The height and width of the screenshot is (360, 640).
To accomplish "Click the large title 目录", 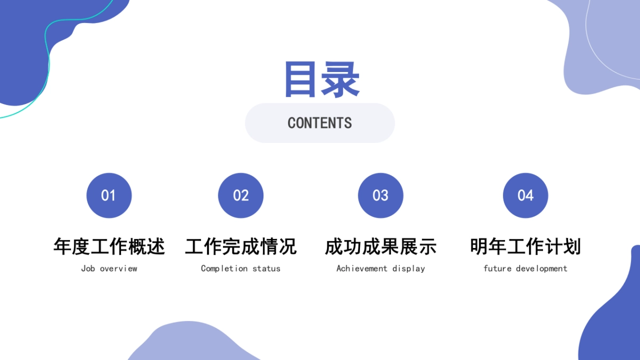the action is [322, 79].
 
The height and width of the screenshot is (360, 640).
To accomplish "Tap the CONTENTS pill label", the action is [319, 123].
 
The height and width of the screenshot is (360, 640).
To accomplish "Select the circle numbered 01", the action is [109, 195].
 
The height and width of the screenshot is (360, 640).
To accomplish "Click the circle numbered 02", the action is [241, 195].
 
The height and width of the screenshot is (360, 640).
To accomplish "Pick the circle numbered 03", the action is [380, 195].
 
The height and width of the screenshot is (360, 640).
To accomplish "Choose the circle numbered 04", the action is [525, 195].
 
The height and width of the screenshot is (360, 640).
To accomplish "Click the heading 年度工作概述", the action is [109, 246].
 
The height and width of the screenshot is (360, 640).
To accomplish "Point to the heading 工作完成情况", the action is [241, 246].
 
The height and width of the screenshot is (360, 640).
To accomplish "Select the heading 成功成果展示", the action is [380, 246].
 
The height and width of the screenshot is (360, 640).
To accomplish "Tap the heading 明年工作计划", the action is [525, 246].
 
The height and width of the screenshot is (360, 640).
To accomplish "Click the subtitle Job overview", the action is [109, 268].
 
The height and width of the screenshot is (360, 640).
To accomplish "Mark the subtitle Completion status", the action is [241, 268].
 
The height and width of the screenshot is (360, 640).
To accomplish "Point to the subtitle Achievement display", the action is [380, 268].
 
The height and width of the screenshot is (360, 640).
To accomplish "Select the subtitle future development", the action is [525, 268].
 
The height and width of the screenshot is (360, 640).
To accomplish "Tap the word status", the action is [266, 268].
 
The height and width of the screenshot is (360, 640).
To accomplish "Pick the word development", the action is [541, 268].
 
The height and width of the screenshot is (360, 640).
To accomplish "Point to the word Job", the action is [88, 268].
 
